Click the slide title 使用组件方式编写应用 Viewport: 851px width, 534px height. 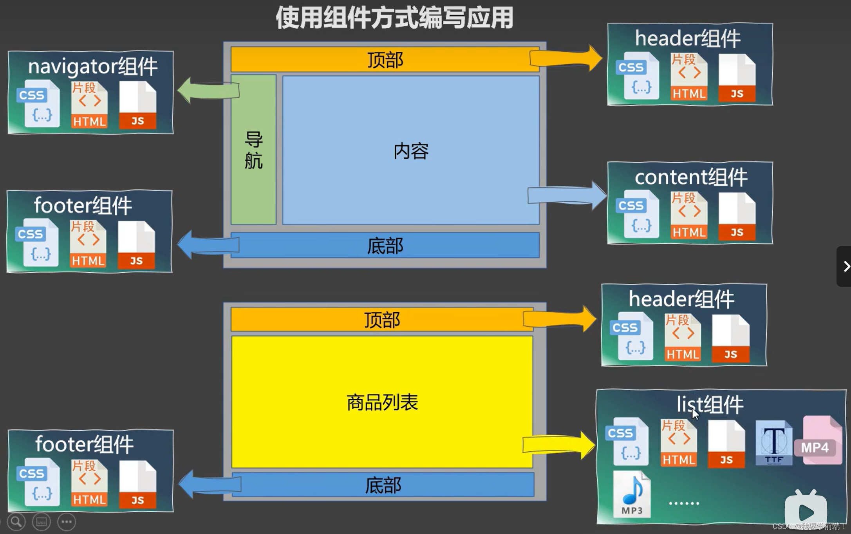[x=394, y=18]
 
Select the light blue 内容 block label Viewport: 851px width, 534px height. [x=411, y=151]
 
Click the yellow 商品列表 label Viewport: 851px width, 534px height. [x=382, y=402]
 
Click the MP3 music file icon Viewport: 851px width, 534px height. [x=632, y=494]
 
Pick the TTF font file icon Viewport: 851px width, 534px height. [x=774, y=443]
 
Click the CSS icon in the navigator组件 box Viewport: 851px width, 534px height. [x=38, y=104]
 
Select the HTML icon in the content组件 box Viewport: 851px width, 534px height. [x=689, y=215]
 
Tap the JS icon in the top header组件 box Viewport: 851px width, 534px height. [x=737, y=78]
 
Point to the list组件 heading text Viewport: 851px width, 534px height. [x=709, y=404]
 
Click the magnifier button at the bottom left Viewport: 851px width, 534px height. [x=16, y=522]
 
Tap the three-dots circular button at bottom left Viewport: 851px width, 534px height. [x=67, y=522]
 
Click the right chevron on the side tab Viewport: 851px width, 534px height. [x=846, y=266]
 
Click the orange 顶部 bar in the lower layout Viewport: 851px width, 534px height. [x=382, y=320]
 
